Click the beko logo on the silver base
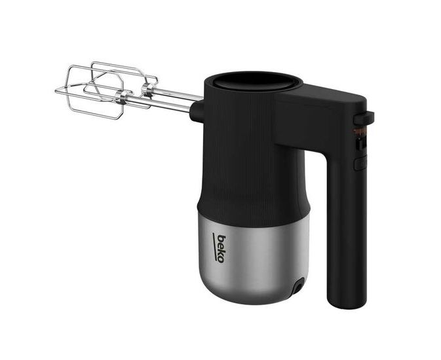point(220,248)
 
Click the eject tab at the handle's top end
point(364,118)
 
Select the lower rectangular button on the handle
point(360,164)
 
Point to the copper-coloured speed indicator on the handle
point(360,132)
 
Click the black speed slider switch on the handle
point(360,143)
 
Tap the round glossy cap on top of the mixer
point(254,81)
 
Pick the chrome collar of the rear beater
point(147,90)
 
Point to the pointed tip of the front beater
point(56,91)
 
